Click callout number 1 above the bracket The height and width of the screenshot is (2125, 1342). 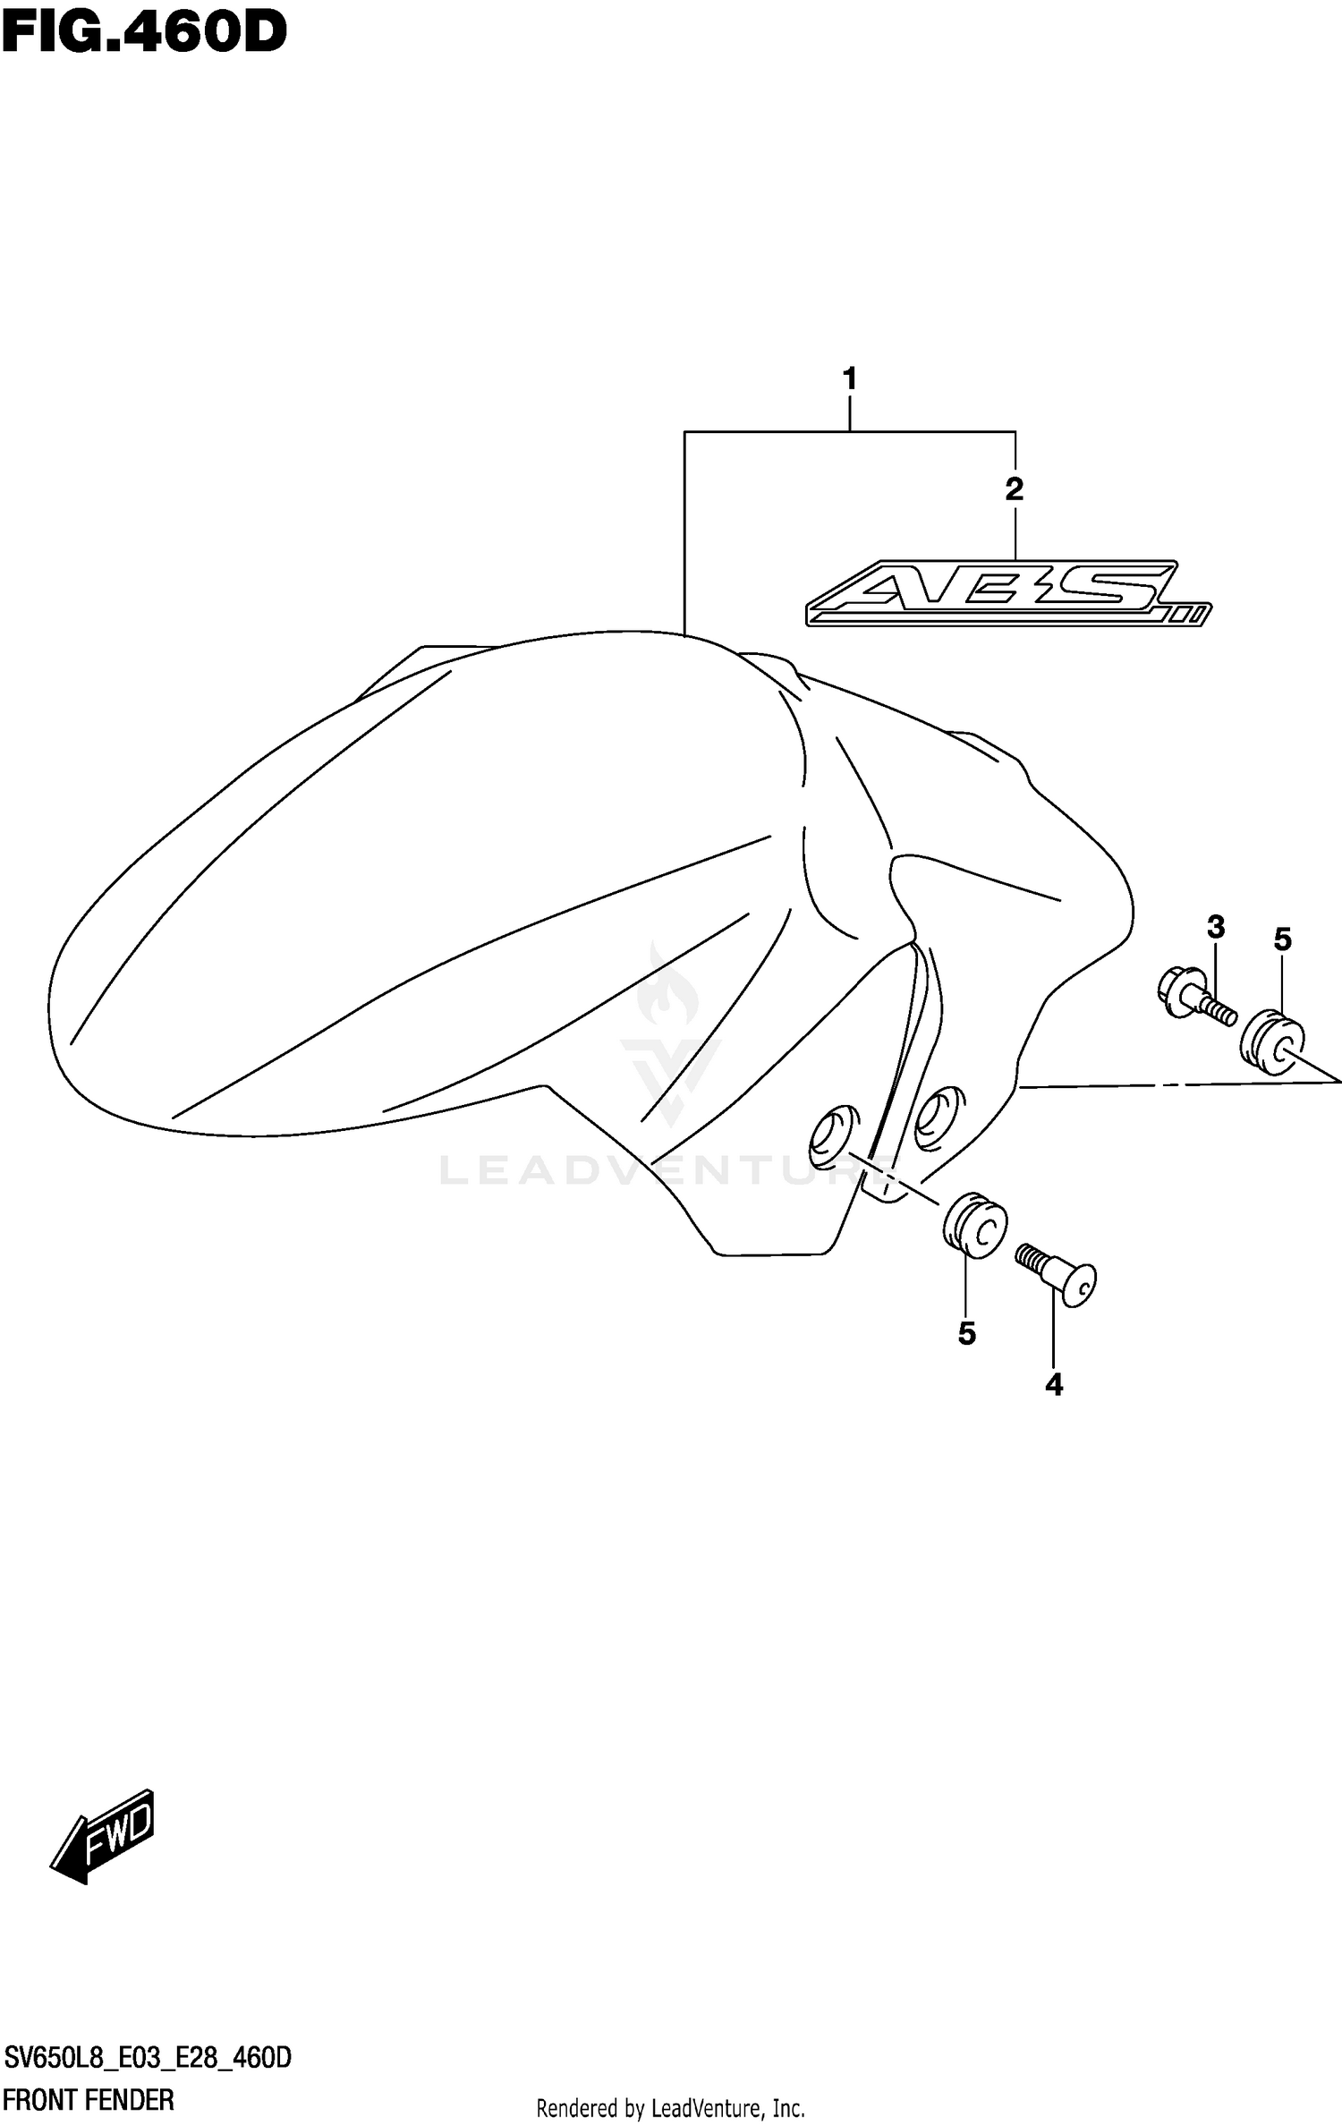pos(849,379)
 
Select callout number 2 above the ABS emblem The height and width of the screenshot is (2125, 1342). pos(1014,489)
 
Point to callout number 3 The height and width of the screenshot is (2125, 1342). pos(1215,927)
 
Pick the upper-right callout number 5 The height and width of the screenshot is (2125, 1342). pos(1282,939)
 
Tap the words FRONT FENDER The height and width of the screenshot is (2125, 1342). pos(89,2099)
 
